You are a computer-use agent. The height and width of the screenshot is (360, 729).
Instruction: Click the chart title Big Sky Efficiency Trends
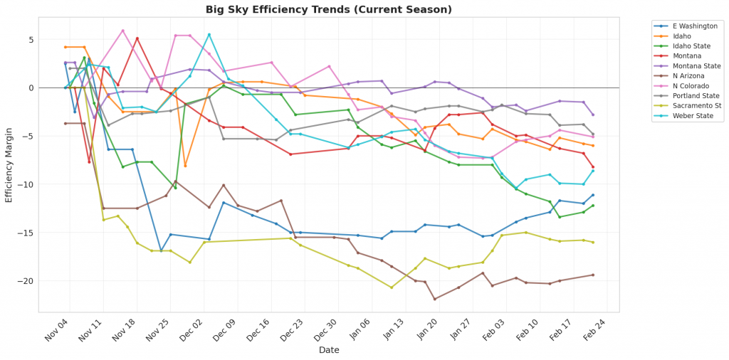point(328,9)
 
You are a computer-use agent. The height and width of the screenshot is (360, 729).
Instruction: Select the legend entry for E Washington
point(686,26)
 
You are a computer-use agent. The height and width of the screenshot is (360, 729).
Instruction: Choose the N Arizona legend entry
point(681,75)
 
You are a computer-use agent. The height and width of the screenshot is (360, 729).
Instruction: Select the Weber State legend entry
point(685,115)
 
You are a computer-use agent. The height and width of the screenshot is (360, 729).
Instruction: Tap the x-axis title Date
point(328,350)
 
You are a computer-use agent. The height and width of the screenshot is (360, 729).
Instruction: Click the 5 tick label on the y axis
point(31,39)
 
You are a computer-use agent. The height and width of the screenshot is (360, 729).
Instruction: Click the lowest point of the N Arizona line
point(434,299)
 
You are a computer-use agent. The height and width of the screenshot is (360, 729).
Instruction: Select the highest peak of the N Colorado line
point(122,31)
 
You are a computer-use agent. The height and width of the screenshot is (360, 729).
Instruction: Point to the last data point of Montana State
point(593,115)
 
